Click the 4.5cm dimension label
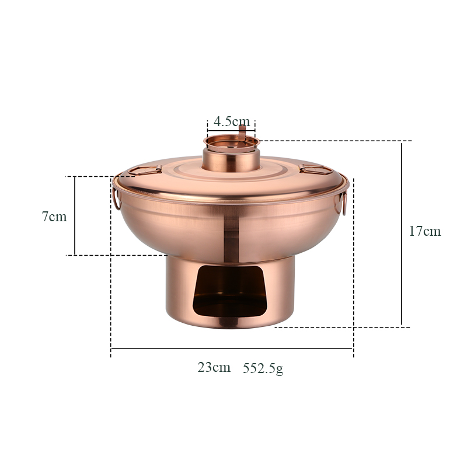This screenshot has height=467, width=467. (x=232, y=121)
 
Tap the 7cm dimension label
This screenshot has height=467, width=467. (x=54, y=216)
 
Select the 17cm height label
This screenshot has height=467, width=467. (x=425, y=231)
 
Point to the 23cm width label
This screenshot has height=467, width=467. (x=214, y=367)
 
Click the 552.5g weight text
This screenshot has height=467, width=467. (x=263, y=368)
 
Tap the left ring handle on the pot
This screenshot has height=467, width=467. (x=116, y=199)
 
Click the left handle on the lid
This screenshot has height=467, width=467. (x=145, y=170)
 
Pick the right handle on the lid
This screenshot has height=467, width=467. (x=316, y=169)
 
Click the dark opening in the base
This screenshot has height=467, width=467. (x=229, y=291)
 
